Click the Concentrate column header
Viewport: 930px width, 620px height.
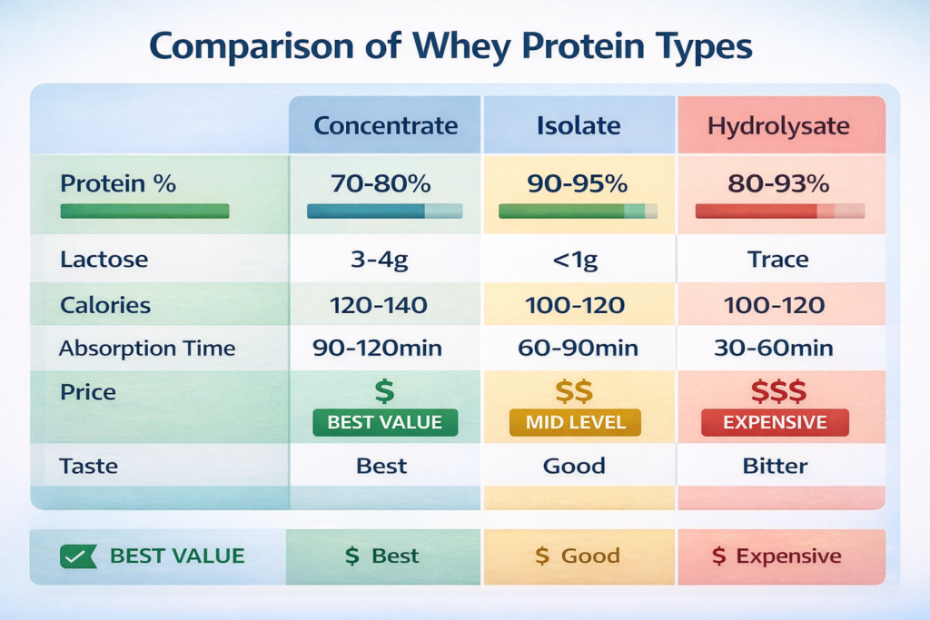tap(385, 125)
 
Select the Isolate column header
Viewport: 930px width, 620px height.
tap(579, 125)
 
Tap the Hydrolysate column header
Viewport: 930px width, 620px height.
tap(778, 126)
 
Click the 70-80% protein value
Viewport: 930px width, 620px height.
tap(381, 183)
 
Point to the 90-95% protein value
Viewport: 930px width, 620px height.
tap(577, 183)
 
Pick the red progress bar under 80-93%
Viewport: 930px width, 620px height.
tap(780, 211)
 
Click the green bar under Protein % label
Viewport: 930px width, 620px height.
tap(144, 211)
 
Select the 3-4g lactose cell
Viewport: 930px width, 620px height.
tap(380, 260)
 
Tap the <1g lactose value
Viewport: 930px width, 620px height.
tap(575, 260)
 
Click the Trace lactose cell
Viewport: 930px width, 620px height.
tap(777, 259)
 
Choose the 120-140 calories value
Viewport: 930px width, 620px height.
tap(379, 305)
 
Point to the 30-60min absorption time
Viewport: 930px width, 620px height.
tap(774, 348)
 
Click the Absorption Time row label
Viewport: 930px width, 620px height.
tap(147, 349)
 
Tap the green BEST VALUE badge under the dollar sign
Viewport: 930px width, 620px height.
tap(385, 423)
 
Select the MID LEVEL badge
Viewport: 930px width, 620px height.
tap(575, 423)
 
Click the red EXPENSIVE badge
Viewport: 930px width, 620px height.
tap(776, 423)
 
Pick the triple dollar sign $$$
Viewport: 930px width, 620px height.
tap(778, 391)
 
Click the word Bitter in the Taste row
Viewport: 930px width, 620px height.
tap(776, 466)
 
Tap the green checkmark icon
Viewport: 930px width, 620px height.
tap(78, 556)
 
